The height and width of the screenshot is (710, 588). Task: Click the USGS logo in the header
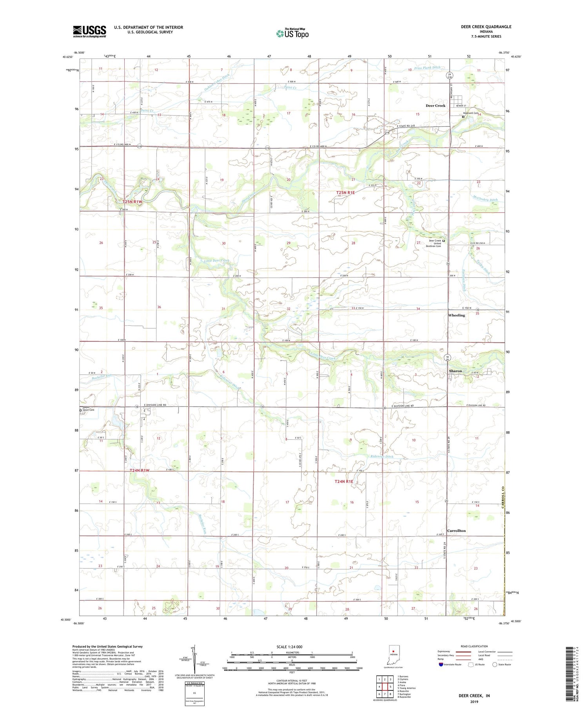[x=89, y=31]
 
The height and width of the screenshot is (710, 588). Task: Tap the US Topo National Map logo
[x=292, y=33]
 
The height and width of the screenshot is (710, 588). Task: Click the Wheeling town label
[x=456, y=315]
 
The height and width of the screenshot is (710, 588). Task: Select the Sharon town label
[x=455, y=371]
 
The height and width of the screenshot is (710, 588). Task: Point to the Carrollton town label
[x=456, y=531]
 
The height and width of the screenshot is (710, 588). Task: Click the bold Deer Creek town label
[x=436, y=106]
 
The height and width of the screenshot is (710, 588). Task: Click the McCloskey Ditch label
[x=485, y=199]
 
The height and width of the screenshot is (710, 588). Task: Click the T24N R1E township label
[x=344, y=481]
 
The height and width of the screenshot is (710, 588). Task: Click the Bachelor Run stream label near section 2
[x=102, y=377]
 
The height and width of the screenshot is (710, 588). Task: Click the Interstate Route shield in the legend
[x=441, y=665]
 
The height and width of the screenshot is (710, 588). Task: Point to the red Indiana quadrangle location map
[x=394, y=654]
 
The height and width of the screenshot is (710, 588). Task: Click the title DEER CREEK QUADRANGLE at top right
[x=486, y=27]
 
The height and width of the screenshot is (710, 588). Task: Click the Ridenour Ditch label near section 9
[x=381, y=457]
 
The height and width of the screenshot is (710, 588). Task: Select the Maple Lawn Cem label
[x=89, y=408]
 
